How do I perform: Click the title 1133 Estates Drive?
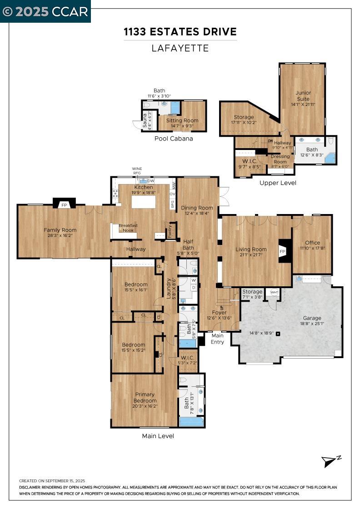tap(180, 32)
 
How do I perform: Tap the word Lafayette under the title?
tap(180, 48)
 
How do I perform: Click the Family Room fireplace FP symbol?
tap(64, 205)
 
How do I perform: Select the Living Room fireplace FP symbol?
tap(282, 252)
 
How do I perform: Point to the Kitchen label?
tap(143, 187)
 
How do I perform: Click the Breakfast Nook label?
tap(128, 228)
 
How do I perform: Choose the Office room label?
tap(312, 243)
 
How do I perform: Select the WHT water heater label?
tap(275, 292)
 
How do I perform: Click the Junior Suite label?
tap(303, 96)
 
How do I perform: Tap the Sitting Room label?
tap(182, 120)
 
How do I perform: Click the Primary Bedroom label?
tap(144, 398)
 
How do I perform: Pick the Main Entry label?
tap(217, 339)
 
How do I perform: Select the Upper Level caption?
tap(278, 183)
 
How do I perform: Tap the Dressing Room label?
tap(280, 159)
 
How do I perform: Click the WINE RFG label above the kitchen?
tap(137, 170)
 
